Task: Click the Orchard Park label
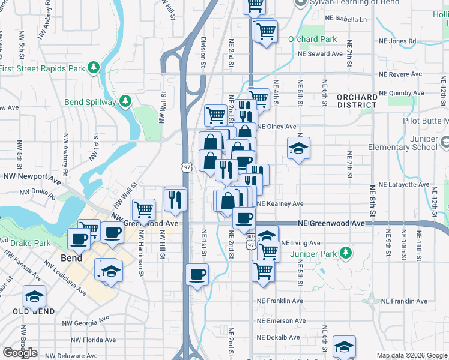click(312, 40)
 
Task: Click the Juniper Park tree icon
click(345, 253)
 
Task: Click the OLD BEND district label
click(34, 311)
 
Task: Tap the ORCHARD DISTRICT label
click(357, 101)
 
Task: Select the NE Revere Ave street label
click(399, 74)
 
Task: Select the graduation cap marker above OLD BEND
click(35, 296)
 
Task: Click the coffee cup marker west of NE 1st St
click(197, 275)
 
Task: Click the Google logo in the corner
click(20, 353)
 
